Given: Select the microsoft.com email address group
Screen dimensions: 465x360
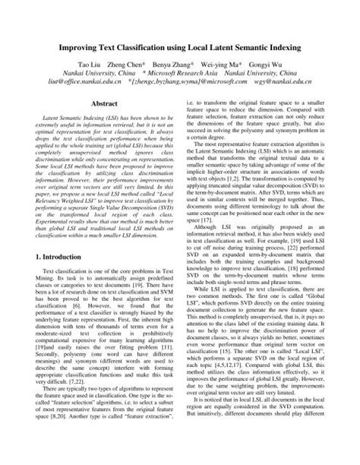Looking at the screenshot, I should coord(193,66).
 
